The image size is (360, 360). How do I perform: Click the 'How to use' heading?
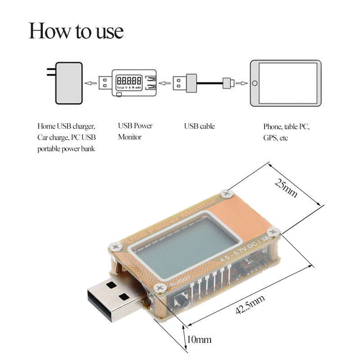76,31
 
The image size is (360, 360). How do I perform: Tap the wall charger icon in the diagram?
67,83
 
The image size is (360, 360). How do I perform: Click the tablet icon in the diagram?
286,83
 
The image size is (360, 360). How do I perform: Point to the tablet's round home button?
255,83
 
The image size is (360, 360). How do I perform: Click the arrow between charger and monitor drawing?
92,83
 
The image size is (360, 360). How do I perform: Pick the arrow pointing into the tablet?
242,83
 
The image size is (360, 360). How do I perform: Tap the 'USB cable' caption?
199,126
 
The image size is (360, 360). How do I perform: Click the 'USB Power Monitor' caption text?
135,131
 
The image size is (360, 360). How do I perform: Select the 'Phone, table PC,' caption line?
287,127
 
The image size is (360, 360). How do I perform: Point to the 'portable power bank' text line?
66,148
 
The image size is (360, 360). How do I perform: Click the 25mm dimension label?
286,188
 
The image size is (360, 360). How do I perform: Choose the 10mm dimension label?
199,339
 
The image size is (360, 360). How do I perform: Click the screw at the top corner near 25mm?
226,193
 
